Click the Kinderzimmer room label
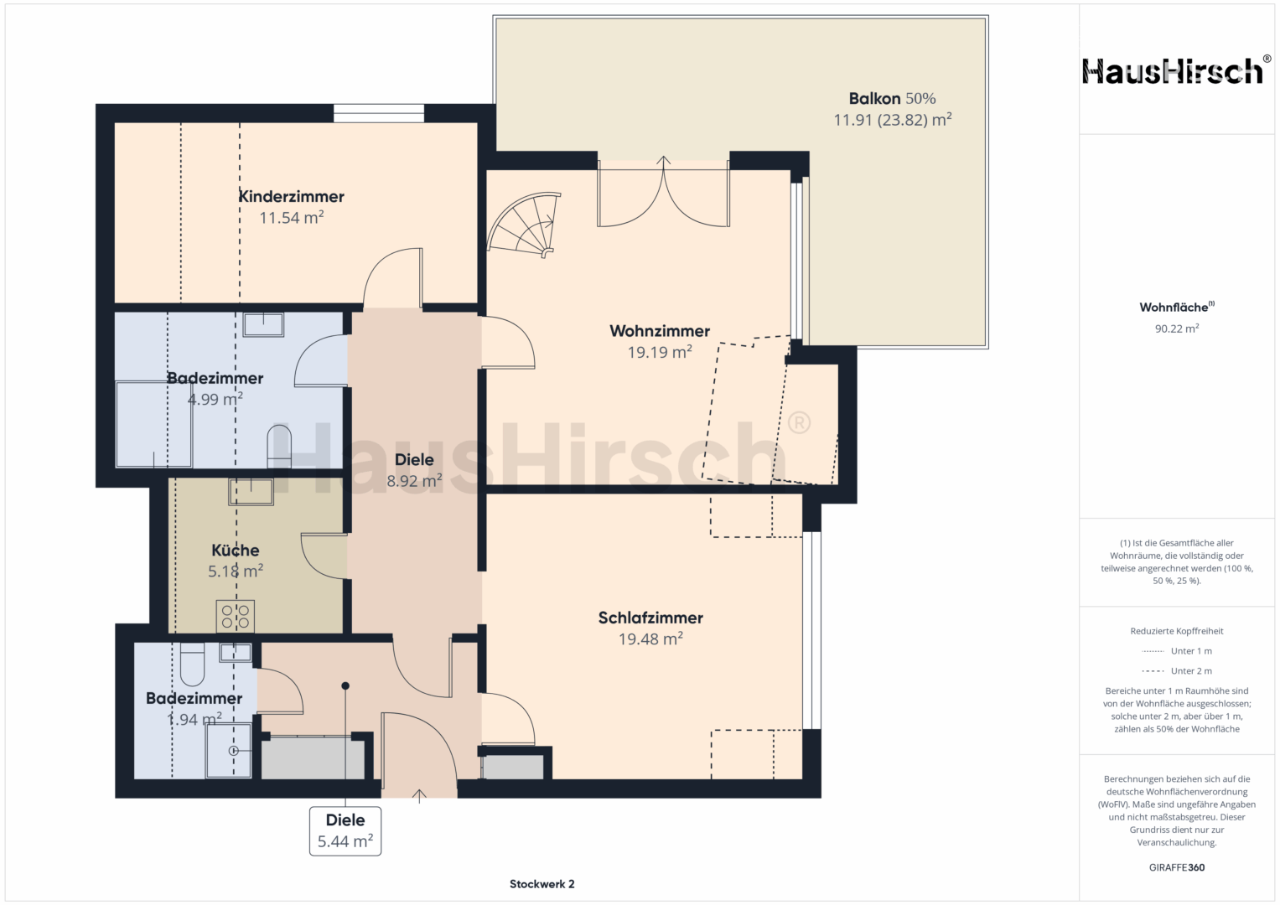point(291,197)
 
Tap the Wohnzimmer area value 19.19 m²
point(660,352)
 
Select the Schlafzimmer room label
point(650,618)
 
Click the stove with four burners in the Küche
point(235,616)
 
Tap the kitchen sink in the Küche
point(251,491)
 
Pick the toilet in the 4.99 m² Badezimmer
point(279,446)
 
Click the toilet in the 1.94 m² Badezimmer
point(192,665)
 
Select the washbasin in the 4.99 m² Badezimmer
point(263,324)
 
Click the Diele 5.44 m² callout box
point(345,830)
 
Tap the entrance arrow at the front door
point(419,796)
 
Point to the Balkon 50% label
point(892,99)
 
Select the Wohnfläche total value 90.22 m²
point(1177,328)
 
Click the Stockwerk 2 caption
point(542,884)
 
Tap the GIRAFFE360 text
point(1177,867)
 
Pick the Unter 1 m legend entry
point(1177,651)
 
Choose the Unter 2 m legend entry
point(1177,670)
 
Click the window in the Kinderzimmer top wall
point(379,113)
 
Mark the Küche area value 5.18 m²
point(235,571)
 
